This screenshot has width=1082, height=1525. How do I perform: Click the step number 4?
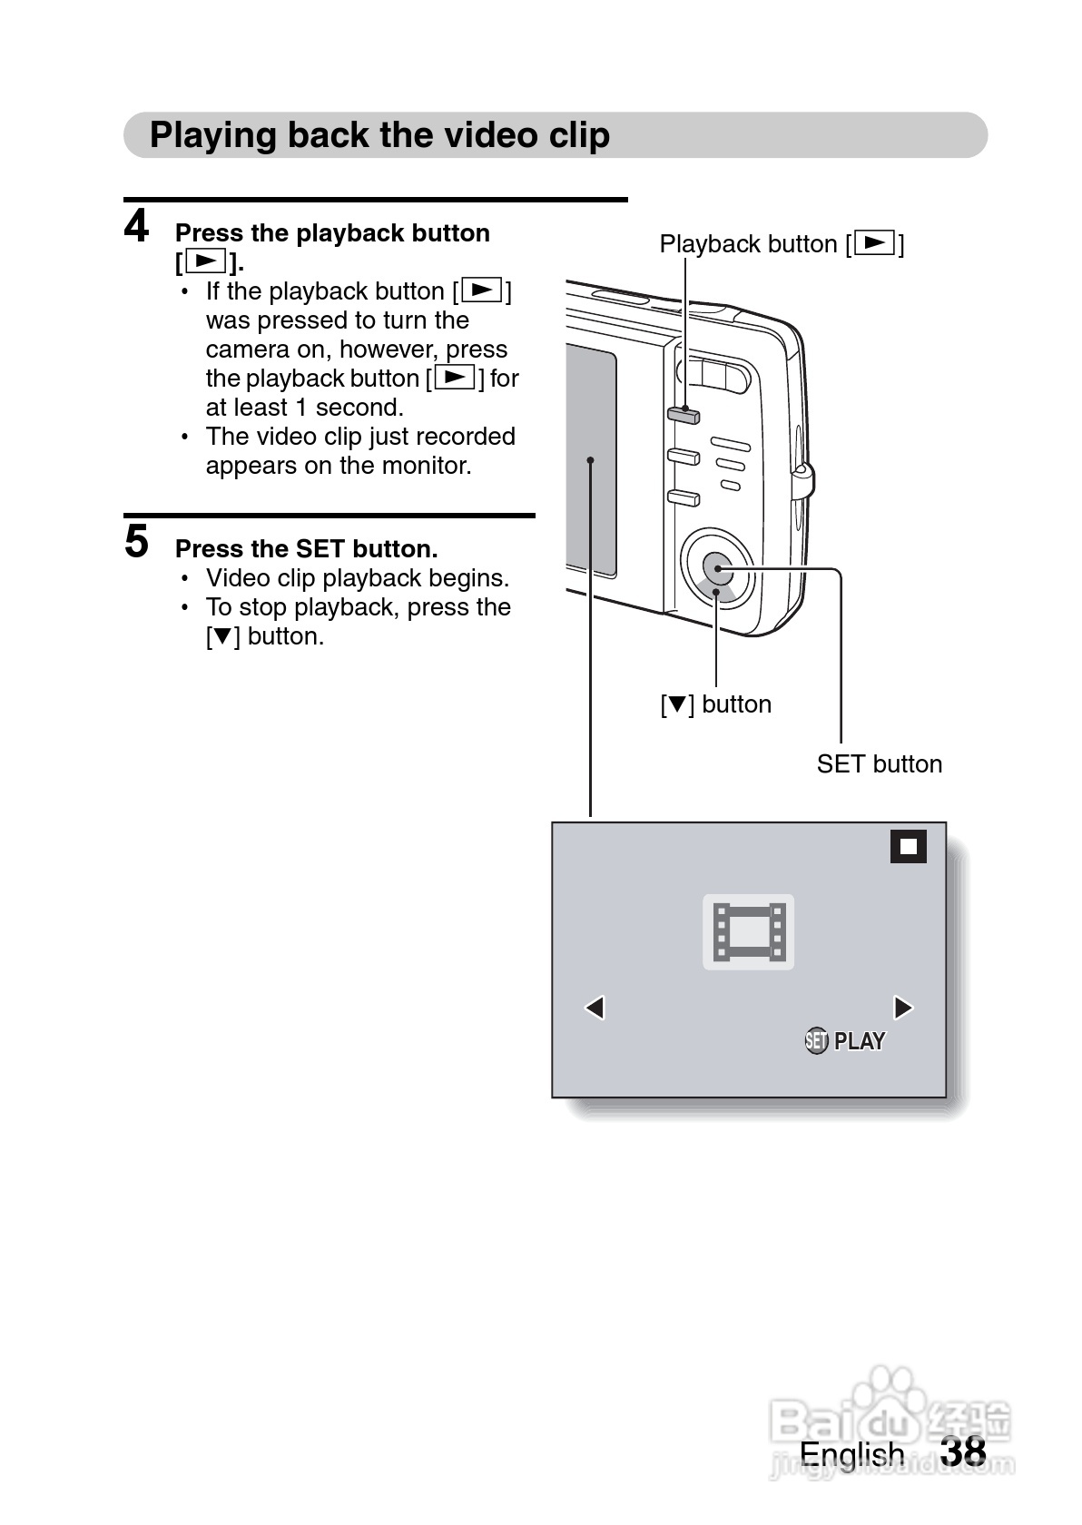tap(137, 227)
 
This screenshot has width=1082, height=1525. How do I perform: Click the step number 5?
tap(137, 542)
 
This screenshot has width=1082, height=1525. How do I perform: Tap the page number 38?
tap(963, 1451)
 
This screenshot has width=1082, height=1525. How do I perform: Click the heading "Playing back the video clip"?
tap(379, 135)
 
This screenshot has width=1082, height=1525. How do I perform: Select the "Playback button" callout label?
tap(781, 244)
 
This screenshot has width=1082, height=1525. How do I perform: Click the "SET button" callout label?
tap(879, 764)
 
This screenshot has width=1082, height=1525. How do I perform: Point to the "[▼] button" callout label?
tap(715, 704)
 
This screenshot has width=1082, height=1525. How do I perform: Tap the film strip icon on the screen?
tap(748, 932)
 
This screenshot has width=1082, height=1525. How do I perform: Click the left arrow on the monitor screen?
tap(595, 1008)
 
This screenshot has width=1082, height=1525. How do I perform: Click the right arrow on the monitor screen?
tap(903, 1008)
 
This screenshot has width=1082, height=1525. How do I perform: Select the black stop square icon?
tap(908, 847)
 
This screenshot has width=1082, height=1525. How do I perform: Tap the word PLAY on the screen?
tap(859, 1041)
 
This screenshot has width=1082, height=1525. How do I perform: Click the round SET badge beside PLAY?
tap(816, 1041)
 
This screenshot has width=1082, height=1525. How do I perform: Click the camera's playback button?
tap(684, 416)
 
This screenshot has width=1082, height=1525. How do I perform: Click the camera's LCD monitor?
tap(591, 463)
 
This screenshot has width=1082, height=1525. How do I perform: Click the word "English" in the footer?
tap(851, 1454)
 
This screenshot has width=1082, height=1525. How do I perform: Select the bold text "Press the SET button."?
tap(306, 549)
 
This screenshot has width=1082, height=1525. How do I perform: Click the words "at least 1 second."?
tap(304, 408)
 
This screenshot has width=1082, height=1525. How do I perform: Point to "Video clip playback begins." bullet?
tap(357, 578)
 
